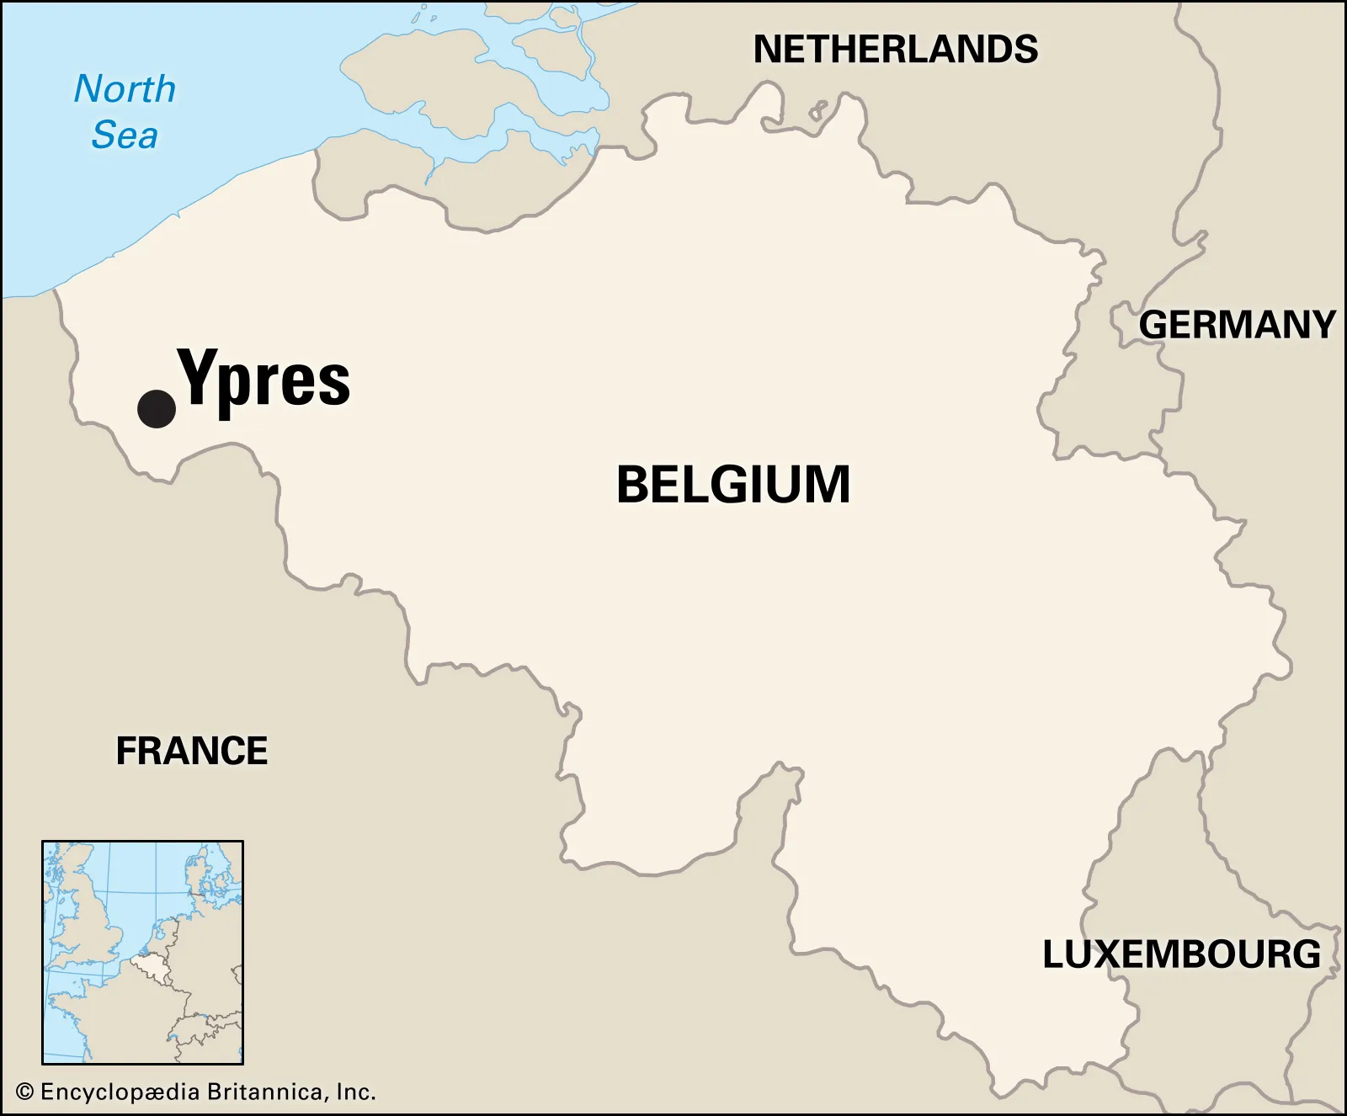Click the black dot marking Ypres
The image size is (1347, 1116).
click(157, 410)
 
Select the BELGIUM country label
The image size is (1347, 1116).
click(733, 485)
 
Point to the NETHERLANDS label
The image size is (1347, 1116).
click(895, 50)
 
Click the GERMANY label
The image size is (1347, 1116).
click(1237, 325)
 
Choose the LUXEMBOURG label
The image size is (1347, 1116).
click(1181, 954)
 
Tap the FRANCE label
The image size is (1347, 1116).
click(192, 751)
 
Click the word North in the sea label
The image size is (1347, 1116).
click(125, 89)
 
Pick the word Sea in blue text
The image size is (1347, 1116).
click(125, 136)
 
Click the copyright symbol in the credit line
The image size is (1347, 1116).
click(25, 1092)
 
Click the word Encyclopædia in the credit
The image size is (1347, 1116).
click(120, 1092)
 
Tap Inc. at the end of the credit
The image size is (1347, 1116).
click(355, 1092)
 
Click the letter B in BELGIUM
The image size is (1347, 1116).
click(633, 485)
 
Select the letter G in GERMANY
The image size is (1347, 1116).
click(1153, 325)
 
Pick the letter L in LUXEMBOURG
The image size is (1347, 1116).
click(1053, 954)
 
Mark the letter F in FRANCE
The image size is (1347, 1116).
click(126, 751)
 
